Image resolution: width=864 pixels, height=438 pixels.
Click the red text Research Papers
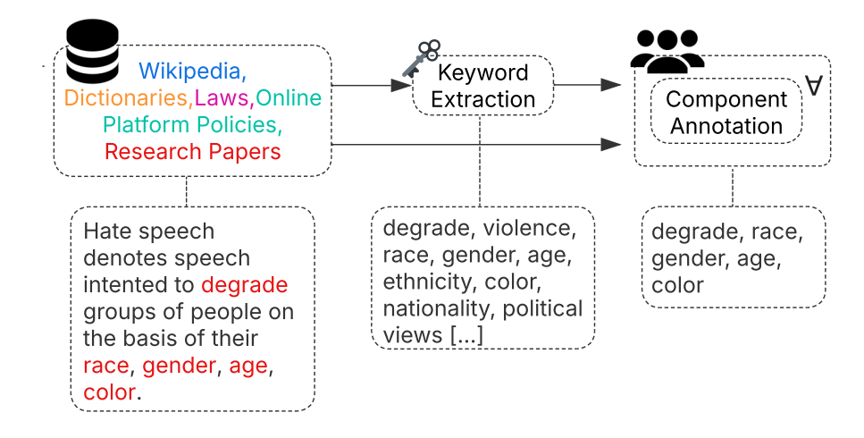[x=192, y=151]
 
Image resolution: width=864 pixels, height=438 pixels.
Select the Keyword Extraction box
[x=482, y=85]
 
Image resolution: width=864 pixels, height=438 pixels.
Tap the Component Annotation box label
[x=726, y=112]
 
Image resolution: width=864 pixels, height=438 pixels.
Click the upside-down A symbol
[x=813, y=87]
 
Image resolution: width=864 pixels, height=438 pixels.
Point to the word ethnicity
[x=425, y=282]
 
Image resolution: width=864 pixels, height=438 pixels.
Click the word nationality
[x=437, y=309]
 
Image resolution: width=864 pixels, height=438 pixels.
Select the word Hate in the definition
[x=105, y=232]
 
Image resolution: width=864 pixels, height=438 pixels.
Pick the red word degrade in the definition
[x=244, y=285]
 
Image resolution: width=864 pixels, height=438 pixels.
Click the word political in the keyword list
[x=542, y=309]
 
